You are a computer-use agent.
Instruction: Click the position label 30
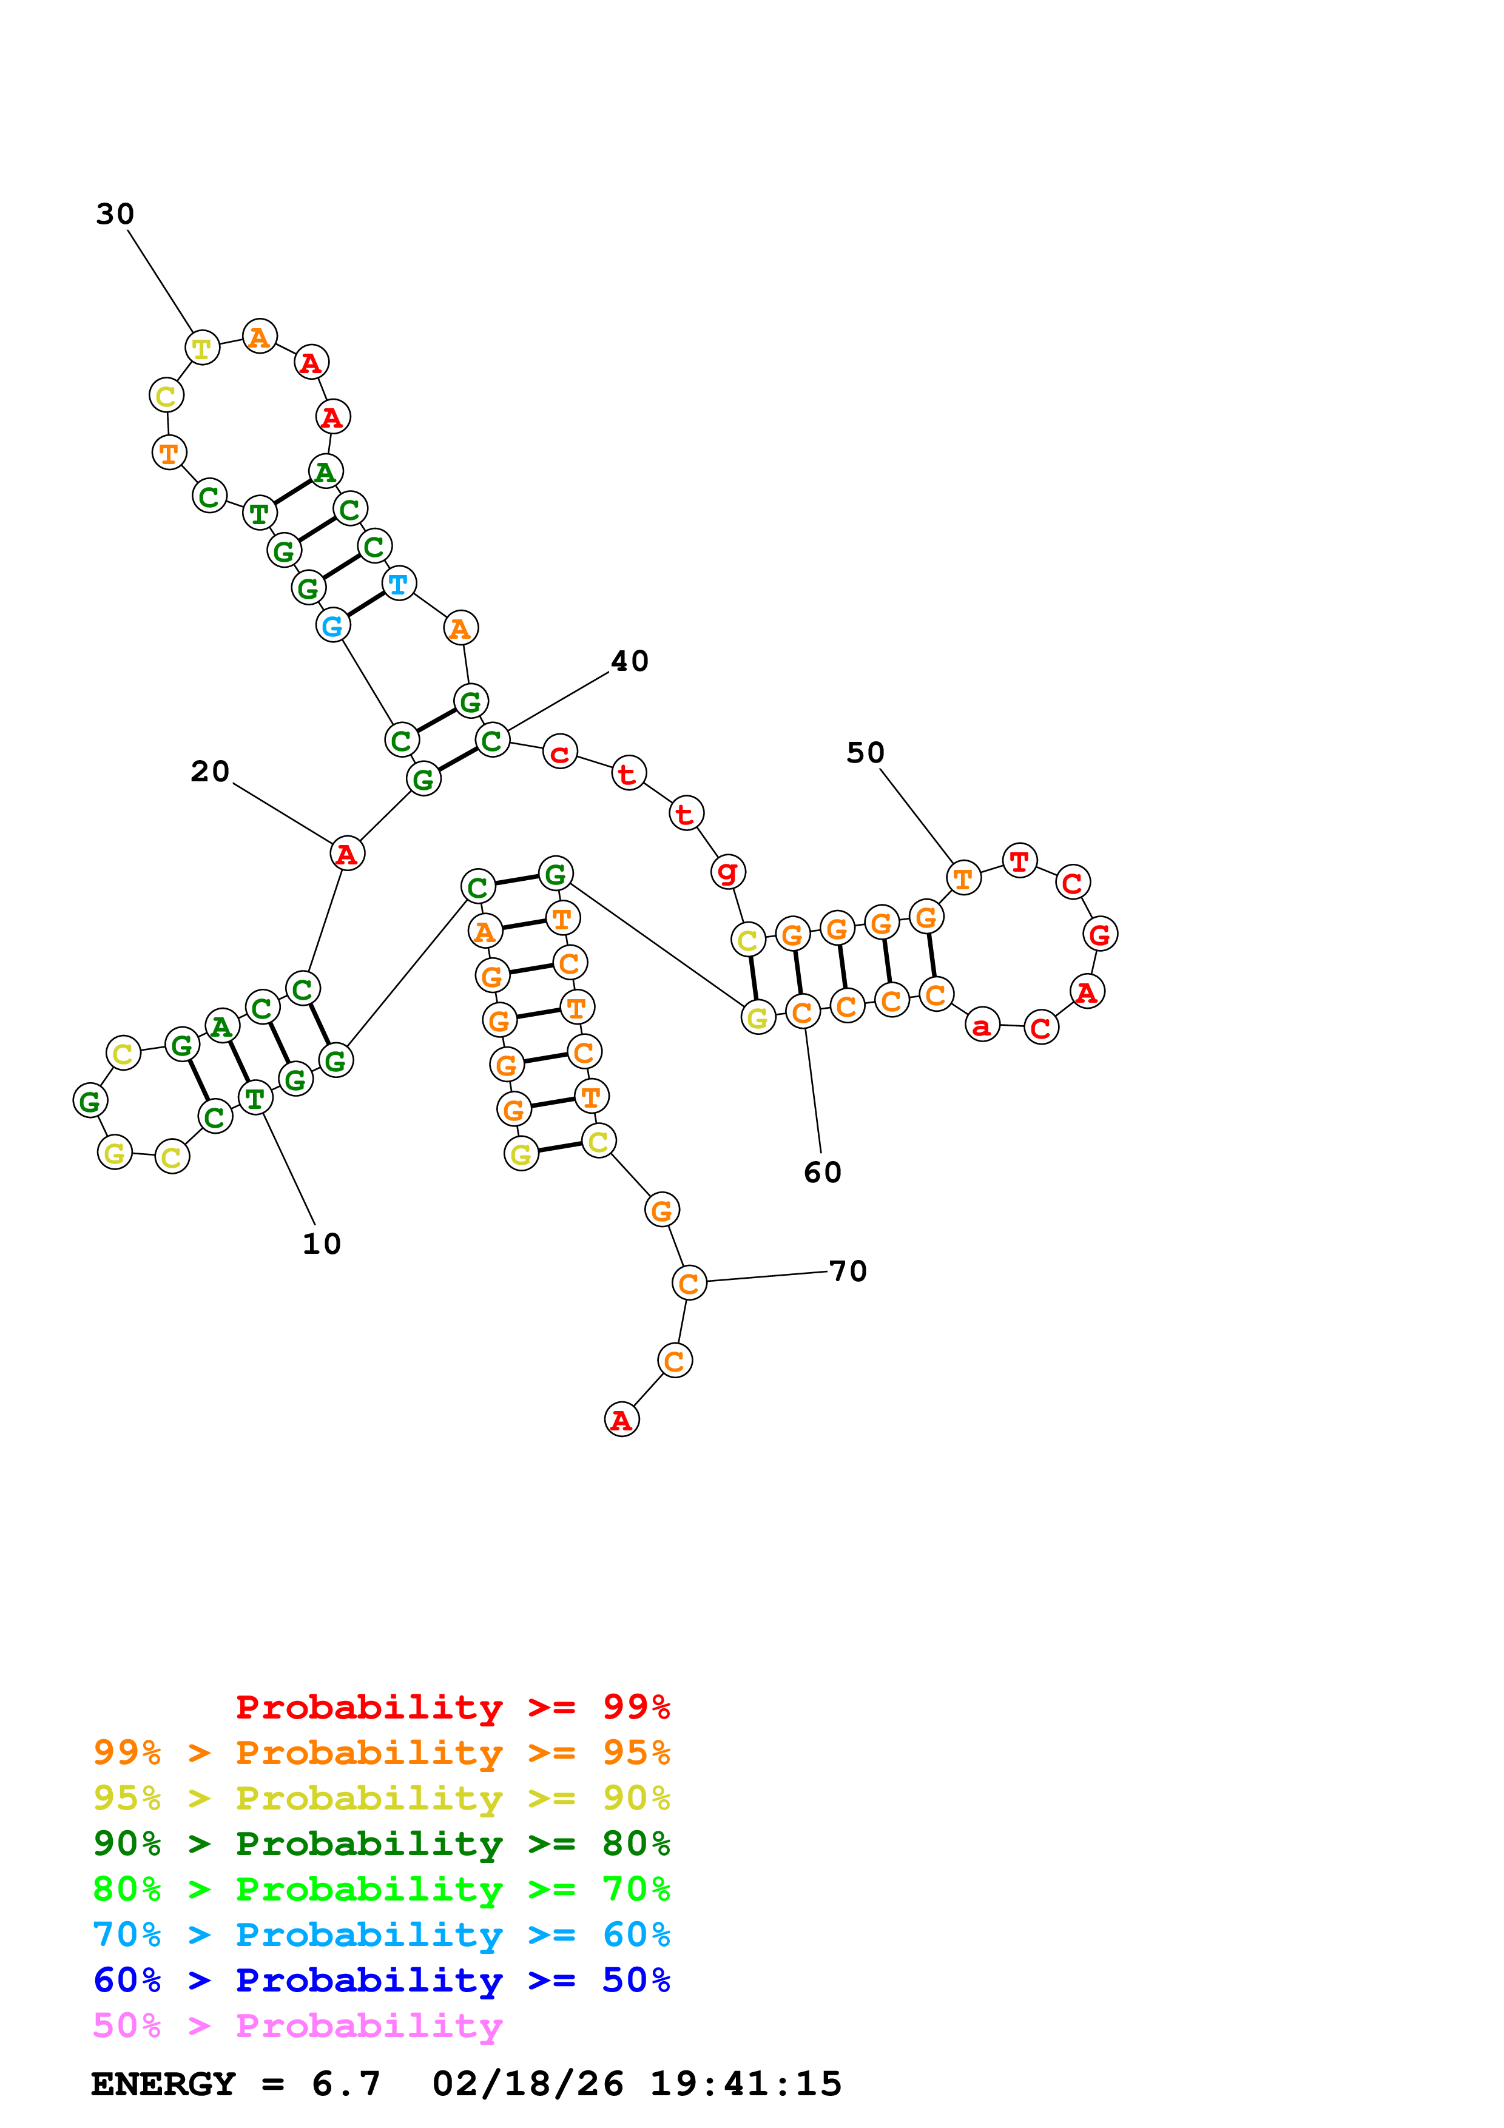115,214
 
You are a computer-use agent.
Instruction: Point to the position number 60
822,1173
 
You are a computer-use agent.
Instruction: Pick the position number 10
322,1244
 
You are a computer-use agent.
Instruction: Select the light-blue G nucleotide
332,625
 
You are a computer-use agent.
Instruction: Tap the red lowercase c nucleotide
560,752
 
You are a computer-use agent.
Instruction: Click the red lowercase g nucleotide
727,870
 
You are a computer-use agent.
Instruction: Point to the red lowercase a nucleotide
982,1025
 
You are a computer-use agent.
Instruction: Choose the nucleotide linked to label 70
689,1283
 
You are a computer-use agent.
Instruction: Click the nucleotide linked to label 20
346,854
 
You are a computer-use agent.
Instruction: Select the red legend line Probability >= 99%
452,1707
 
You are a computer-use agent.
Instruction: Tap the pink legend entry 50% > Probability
297,2026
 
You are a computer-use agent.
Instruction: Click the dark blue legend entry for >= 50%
381,1980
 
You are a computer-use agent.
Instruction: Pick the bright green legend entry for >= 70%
381,1889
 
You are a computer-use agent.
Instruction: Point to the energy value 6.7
346,2084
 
